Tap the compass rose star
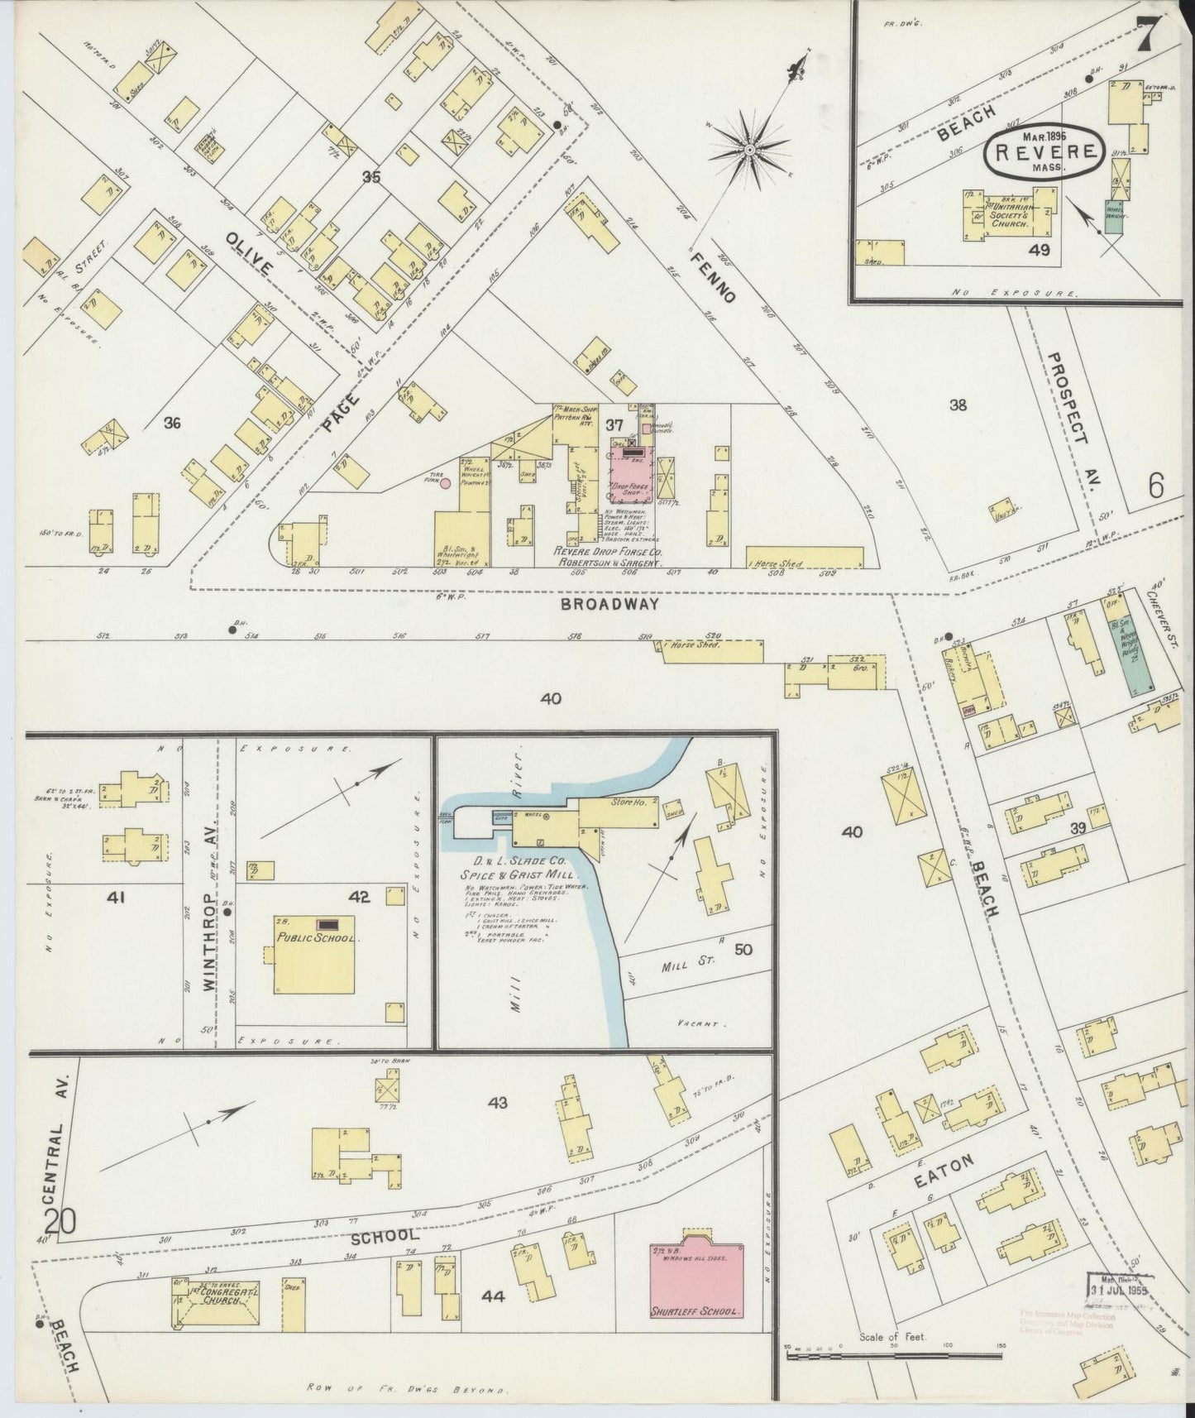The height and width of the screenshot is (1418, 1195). [x=748, y=149]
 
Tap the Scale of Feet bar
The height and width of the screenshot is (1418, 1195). [x=893, y=1355]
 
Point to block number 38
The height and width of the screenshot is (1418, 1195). [x=958, y=405]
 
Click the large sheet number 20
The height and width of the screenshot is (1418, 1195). [x=62, y=1221]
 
